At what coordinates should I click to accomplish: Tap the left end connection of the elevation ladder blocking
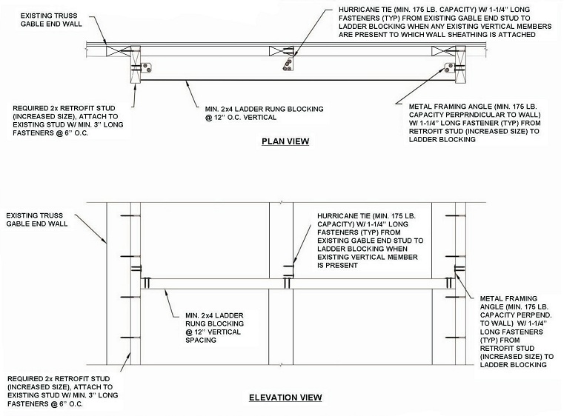pyautogui.click(x=147, y=283)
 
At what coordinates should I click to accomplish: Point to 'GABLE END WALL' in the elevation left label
pyautogui.click(x=37, y=224)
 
